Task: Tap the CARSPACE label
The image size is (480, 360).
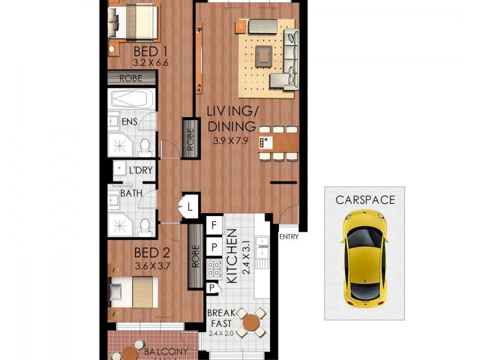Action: [365, 200]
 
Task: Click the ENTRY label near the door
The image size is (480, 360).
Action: [289, 236]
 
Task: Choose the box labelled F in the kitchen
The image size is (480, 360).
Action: [212, 226]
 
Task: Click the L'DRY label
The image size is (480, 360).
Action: [140, 171]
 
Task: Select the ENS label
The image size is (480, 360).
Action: [130, 122]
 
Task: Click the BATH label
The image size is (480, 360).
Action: [131, 193]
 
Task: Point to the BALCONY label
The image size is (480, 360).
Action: [166, 352]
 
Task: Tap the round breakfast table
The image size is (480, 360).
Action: [248, 324]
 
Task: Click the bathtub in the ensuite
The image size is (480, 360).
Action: [132, 98]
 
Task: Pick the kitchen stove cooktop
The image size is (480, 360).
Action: [214, 268]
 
